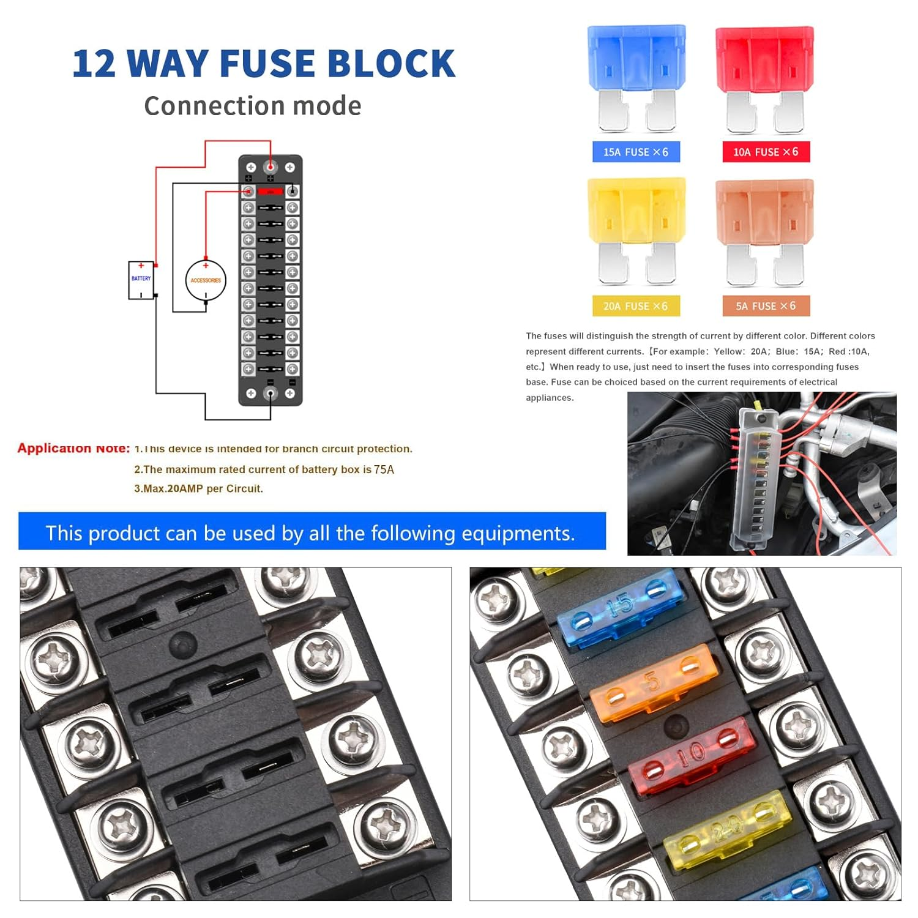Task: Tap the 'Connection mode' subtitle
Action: pos(252,106)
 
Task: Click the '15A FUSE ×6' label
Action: pos(636,152)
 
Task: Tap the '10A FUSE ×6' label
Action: pos(766,152)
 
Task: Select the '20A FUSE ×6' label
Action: pos(636,306)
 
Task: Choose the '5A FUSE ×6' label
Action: pos(766,306)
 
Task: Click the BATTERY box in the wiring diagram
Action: pos(141,280)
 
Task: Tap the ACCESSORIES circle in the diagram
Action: pos(206,281)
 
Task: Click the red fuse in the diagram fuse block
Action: pos(270,192)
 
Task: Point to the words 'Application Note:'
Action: pos(73,448)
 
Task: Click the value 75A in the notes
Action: pos(384,469)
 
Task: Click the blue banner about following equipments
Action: pos(312,532)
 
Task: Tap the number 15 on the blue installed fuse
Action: pos(620,605)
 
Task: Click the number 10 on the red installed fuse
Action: pos(692,753)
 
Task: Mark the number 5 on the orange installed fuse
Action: pos(653,680)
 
